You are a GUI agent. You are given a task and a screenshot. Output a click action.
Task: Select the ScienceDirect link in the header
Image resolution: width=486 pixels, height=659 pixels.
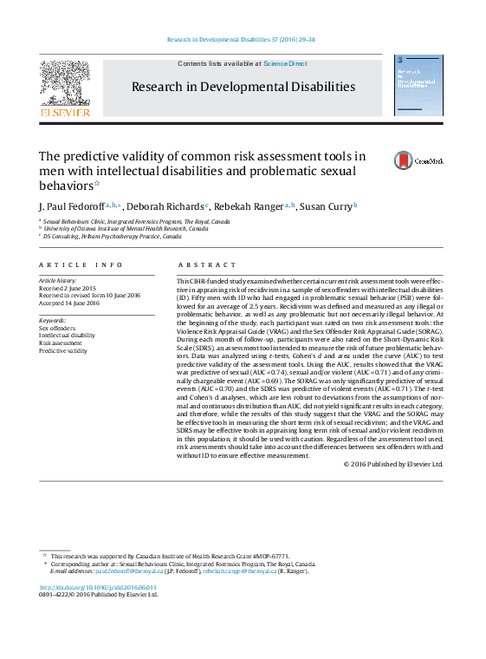(x=285, y=63)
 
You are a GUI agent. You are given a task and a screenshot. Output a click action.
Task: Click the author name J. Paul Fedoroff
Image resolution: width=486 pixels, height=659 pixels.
(x=70, y=206)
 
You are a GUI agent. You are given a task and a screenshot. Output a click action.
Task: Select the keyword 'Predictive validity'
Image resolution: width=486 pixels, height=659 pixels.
(x=63, y=351)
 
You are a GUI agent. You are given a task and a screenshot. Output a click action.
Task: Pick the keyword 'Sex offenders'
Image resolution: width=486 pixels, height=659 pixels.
(x=57, y=328)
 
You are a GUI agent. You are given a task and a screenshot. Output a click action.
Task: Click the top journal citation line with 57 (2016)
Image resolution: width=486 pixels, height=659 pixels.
(x=242, y=40)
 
